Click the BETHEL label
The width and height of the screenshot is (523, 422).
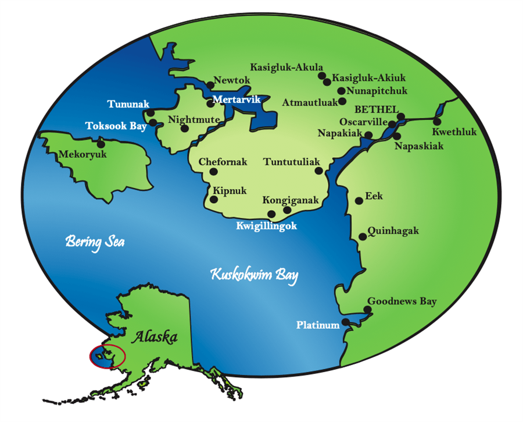[377, 109]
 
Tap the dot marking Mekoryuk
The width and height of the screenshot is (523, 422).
[101, 144]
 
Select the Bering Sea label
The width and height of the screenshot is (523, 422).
[95, 241]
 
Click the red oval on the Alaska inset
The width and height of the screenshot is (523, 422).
[108, 356]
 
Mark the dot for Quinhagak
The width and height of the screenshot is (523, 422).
[363, 237]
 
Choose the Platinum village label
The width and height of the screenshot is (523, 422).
[317, 325]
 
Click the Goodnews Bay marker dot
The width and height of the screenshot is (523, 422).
[367, 310]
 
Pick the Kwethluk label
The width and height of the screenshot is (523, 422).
[454, 132]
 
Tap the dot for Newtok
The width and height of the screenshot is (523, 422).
[210, 85]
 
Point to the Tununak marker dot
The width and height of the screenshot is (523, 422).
[151, 112]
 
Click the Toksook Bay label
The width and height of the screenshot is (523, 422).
[115, 125]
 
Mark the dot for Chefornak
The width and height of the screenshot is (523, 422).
[213, 172]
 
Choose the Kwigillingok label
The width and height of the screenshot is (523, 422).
[267, 226]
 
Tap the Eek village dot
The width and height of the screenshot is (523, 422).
[359, 201]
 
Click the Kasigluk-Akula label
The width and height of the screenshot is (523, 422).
[286, 68]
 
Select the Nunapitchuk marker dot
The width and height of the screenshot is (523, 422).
[341, 91]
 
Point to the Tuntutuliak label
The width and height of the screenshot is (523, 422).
[292, 162]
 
